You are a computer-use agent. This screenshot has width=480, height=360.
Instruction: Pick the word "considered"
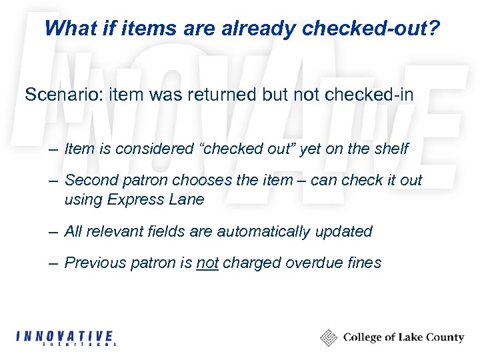click(153, 149)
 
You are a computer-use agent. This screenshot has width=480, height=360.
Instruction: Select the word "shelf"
click(389, 149)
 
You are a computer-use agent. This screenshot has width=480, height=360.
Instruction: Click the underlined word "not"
click(207, 263)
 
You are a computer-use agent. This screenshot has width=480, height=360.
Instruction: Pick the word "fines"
click(365, 263)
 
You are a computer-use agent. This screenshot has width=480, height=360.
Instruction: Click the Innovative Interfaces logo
click(65, 338)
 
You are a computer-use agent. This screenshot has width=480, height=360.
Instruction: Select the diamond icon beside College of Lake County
click(329, 338)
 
